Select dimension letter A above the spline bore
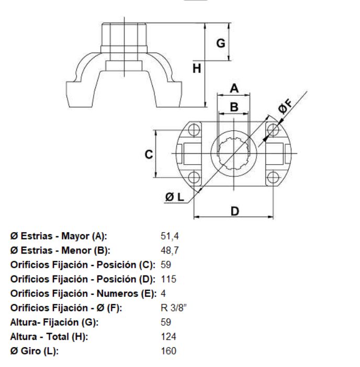[234, 88]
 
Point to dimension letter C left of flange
[149, 154]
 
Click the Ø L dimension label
[175, 197]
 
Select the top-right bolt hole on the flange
[273, 130]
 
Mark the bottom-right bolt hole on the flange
[273, 177]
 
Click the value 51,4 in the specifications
[170, 236]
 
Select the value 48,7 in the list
[170, 250]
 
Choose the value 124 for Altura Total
[168, 337]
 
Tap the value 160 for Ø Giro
[168, 351]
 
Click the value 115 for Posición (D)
[168, 280]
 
